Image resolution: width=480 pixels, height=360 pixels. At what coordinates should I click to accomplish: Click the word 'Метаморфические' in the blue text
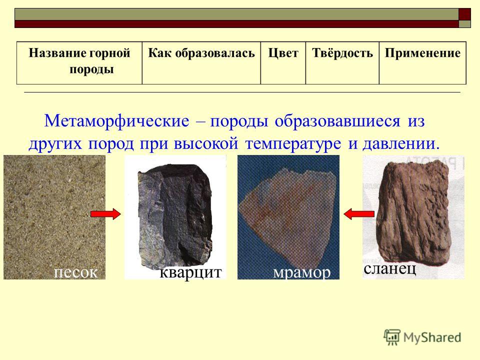click(116, 121)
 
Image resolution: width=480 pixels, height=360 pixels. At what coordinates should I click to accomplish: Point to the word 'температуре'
click(293, 144)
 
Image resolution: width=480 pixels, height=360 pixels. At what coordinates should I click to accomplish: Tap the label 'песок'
click(75, 272)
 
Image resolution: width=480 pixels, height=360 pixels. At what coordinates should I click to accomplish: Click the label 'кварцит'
click(190, 272)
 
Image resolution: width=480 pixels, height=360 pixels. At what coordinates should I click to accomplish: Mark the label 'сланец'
click(389, 269)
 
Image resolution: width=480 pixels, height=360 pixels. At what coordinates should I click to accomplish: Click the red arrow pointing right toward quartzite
click(105, 214)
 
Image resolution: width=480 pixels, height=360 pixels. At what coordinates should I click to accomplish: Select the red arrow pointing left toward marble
click(359, 214)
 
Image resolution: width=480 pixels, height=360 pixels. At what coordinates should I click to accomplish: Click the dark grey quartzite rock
click(175, 215)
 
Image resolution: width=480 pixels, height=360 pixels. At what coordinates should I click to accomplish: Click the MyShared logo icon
click(392, 337)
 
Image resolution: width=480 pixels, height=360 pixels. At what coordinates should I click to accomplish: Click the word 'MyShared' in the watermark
click(432, 337)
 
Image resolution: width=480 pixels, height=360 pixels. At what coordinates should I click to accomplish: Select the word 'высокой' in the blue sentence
click(206, 143)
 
